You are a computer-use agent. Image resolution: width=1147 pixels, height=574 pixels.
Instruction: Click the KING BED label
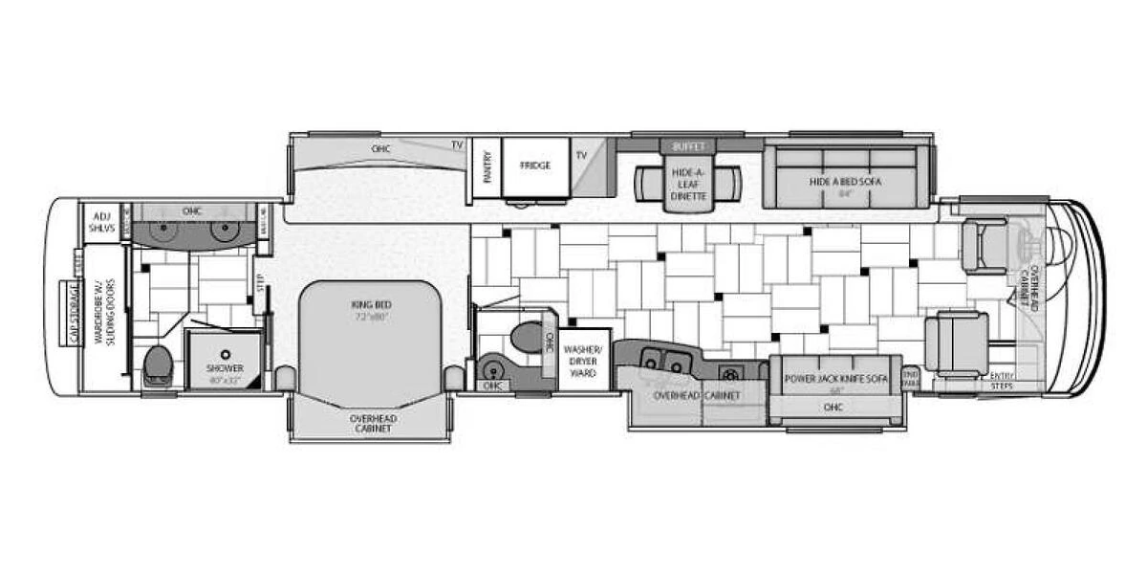click(x=372, y=304)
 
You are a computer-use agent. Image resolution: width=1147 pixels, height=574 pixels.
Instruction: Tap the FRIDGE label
click(x=535, y=165)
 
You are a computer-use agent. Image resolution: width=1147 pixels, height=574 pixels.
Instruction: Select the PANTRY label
click(x=487, y=165)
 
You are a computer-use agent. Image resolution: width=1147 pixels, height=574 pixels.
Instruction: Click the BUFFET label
click(x=687, y=146)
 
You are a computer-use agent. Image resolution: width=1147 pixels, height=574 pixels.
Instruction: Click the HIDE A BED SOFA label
click(x=845, y=182)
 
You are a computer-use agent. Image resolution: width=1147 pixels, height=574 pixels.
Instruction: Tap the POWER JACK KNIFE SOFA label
click(x=835, y=379)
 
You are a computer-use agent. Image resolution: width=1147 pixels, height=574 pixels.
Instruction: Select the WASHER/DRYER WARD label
click(x=583, y=361)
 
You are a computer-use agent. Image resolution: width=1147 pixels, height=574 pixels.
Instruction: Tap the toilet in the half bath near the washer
click(x=526, y=337)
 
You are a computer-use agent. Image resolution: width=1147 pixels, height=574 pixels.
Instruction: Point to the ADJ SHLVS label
click(x=99, y=222)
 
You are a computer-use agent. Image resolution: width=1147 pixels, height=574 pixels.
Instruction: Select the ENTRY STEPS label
click(x=1002, y=380)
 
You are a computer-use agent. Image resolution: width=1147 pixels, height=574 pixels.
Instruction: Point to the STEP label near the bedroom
click(x=259, y=283)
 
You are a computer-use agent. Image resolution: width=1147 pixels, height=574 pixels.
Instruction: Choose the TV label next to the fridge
click(x=580, y=154)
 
